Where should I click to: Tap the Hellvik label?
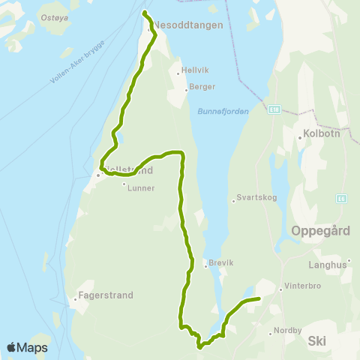193,73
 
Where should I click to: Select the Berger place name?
202,88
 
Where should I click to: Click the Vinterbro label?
301,288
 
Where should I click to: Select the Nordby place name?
289,329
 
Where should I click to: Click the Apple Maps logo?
28,347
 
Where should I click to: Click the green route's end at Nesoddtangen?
144,13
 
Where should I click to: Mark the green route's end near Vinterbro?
258,298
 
